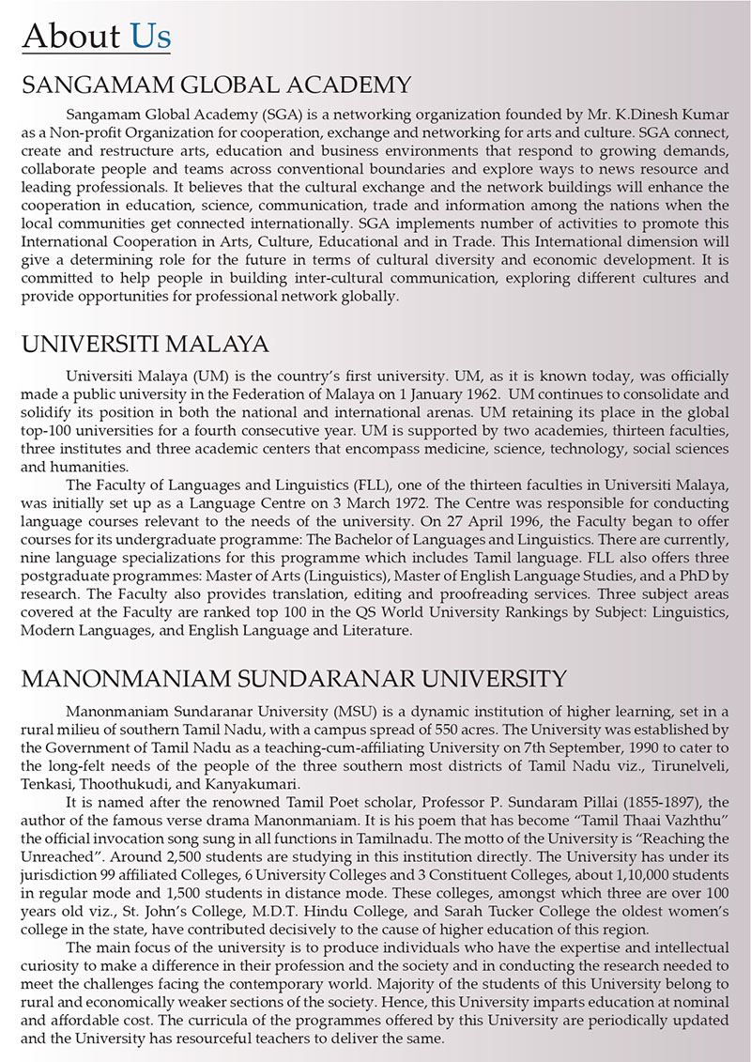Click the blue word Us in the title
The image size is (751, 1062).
[150, 36]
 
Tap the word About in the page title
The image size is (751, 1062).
[71, 36]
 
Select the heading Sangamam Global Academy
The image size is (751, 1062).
[216, 85]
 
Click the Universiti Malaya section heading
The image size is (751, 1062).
[145, 342]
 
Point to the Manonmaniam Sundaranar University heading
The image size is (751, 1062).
[294, 677]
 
